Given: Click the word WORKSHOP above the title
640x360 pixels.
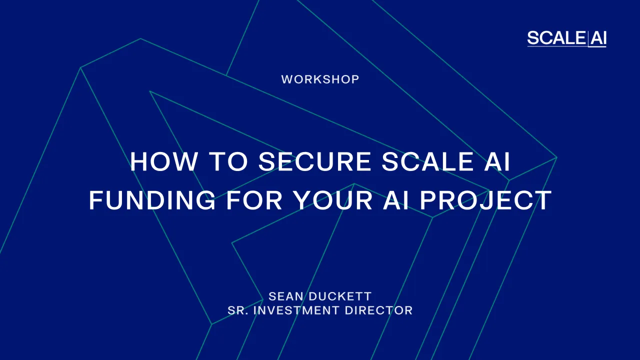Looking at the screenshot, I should point(320,79).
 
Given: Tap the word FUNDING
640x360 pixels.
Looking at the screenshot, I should point(152,200).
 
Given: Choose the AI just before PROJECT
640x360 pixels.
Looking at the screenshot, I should point(397,200).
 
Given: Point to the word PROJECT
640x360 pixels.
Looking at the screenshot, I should point(485,200).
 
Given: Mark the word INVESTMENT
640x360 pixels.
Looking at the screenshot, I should point(296,310).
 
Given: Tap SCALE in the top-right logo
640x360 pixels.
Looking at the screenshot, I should point(556,38).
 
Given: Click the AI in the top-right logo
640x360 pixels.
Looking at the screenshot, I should point(598,38).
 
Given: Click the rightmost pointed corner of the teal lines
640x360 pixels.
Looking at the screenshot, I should point(556,158).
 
